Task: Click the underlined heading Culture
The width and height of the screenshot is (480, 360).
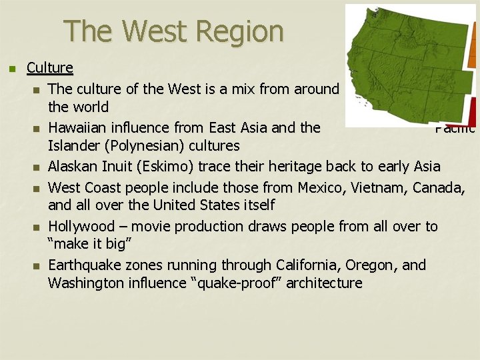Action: [50, 67]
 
